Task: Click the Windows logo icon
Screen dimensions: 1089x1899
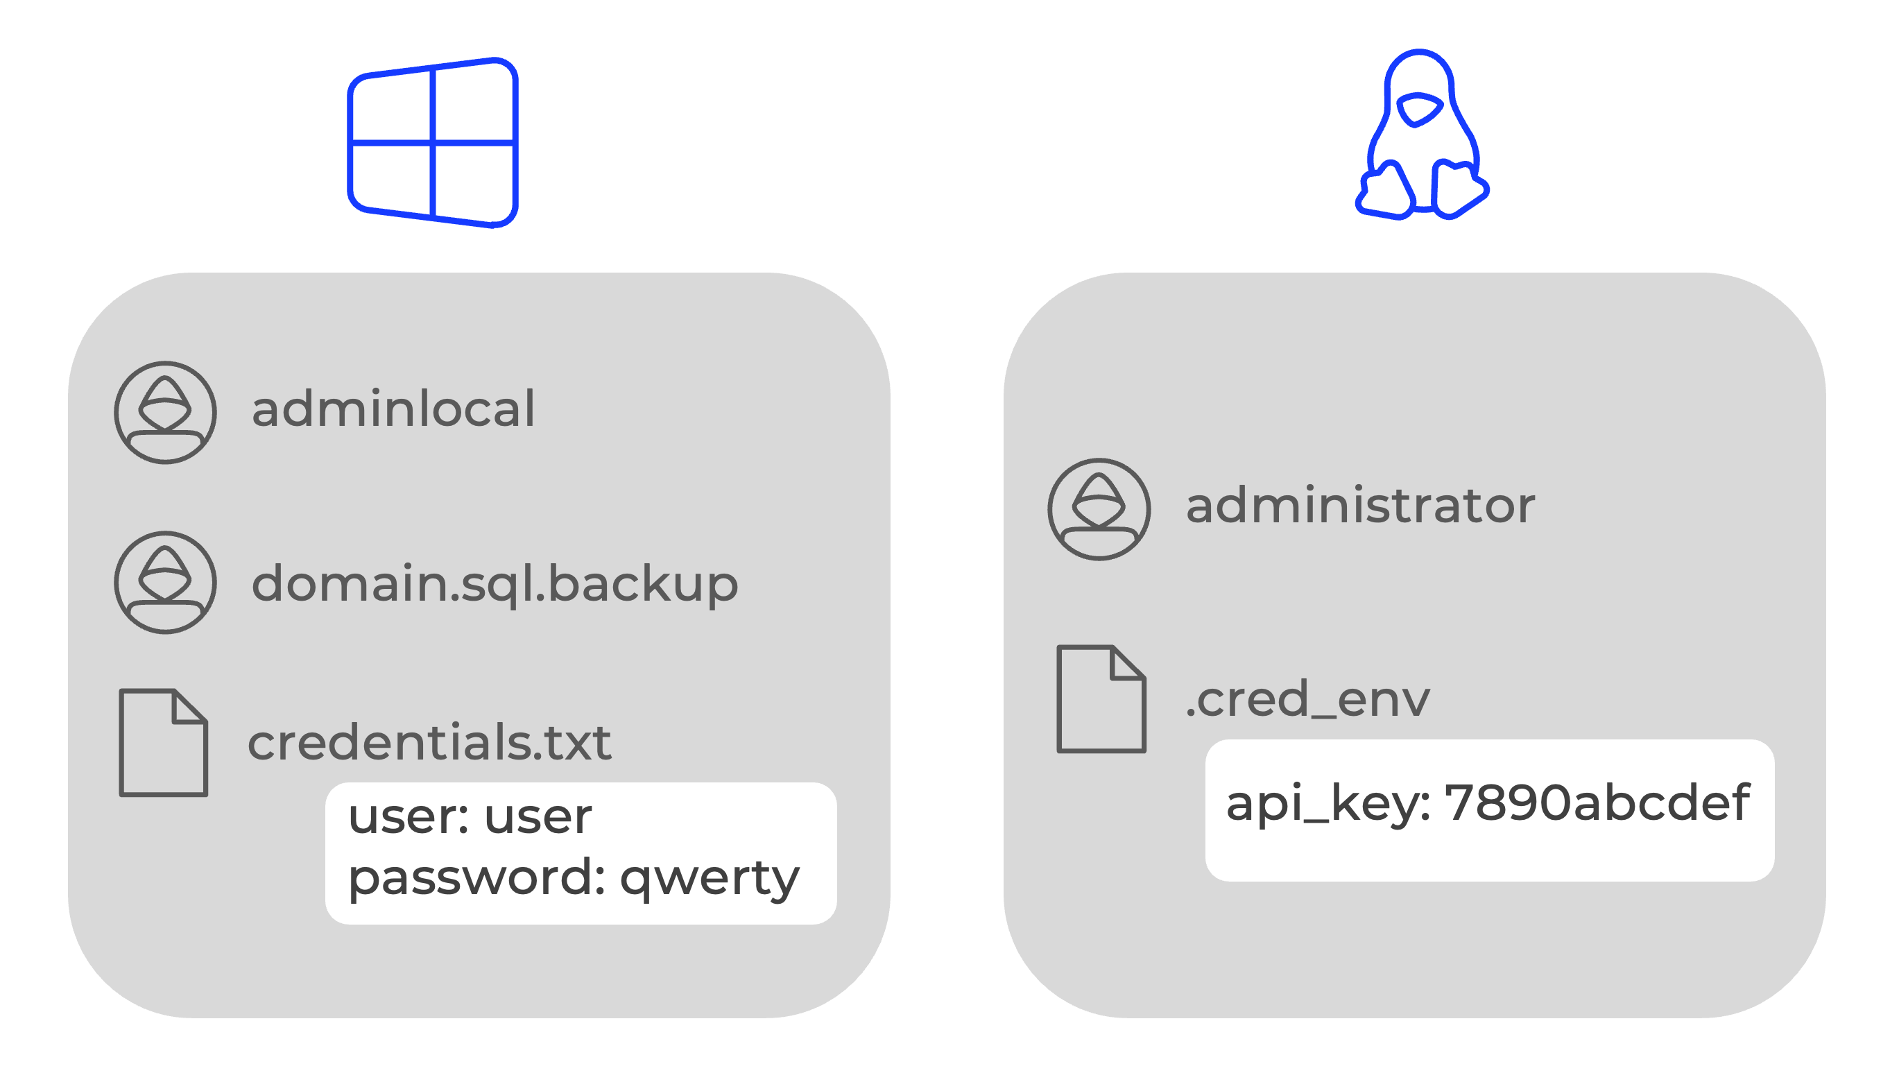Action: click(433, 142)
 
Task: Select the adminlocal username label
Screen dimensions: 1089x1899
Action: click(393, 410)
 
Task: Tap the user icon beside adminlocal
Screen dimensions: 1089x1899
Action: click(165, 413)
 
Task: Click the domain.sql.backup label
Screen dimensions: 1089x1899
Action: click(495, 584)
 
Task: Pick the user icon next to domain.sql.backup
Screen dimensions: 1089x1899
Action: click(165, 583)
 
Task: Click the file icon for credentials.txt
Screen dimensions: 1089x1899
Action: click(163, 743)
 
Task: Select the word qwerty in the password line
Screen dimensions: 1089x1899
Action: click(710, 878)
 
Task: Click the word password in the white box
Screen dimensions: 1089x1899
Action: click(476, 878)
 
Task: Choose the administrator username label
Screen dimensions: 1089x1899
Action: click(1360, 506)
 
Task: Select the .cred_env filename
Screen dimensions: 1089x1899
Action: click(1307, 700)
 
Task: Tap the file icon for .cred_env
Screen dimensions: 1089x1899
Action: click(1101, 699)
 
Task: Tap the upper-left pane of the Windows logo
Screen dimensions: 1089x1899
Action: click(391, 107)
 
